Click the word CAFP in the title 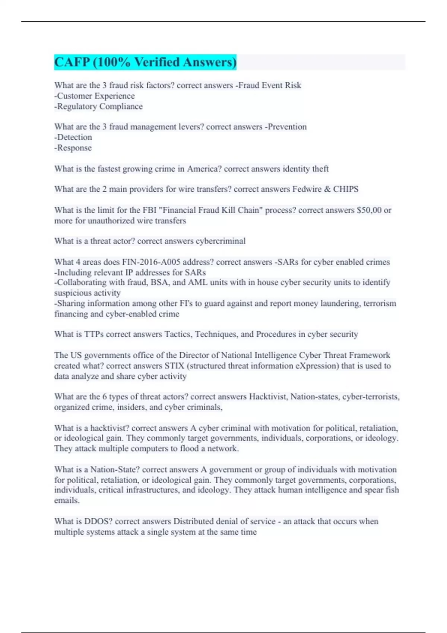coord(72,62)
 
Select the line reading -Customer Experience coord(95,96)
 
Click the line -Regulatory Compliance coord(98,106)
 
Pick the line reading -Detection coord(73,137)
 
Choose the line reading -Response coord(73,148)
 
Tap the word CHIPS coord(346,189)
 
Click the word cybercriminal coord(221,241)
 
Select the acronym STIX coord(174,366)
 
